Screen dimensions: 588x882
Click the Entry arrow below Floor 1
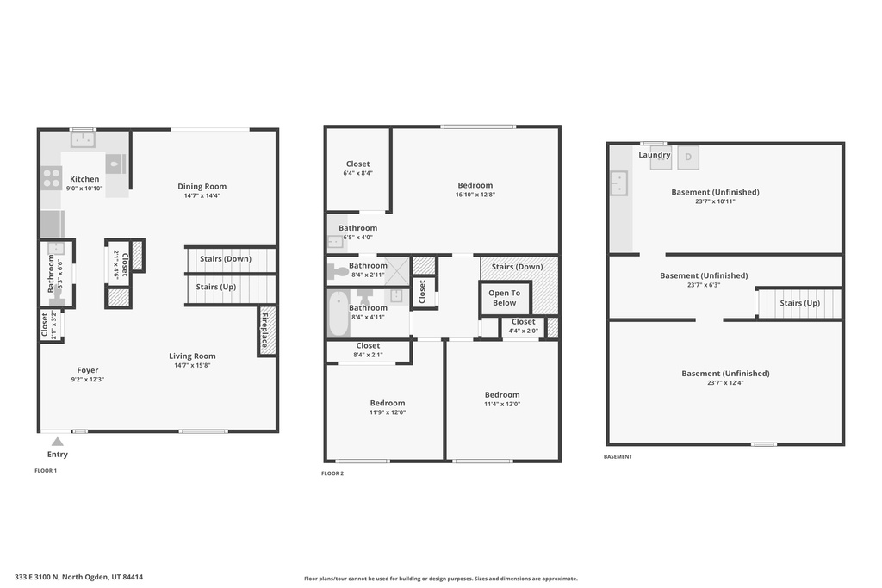(x=57, y=442)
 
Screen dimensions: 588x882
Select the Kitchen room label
(x=84, y=179)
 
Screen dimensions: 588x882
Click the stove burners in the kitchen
(x=51, y=177)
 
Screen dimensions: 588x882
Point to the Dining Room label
(x=202, y=186)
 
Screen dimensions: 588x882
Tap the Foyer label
(x=88, y=370)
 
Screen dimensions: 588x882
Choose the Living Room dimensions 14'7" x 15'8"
(x=192, y=365)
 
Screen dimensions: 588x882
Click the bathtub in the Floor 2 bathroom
(x=338, y=314)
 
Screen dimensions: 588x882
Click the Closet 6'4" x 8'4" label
(x=357, y=164)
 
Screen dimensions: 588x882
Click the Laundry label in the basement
(x=655, y=155)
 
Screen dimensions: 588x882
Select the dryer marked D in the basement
(x=688, y=158)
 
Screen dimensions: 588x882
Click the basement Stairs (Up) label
(x=800, y=303)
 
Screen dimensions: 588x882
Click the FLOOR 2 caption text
(x=332, y=473)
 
